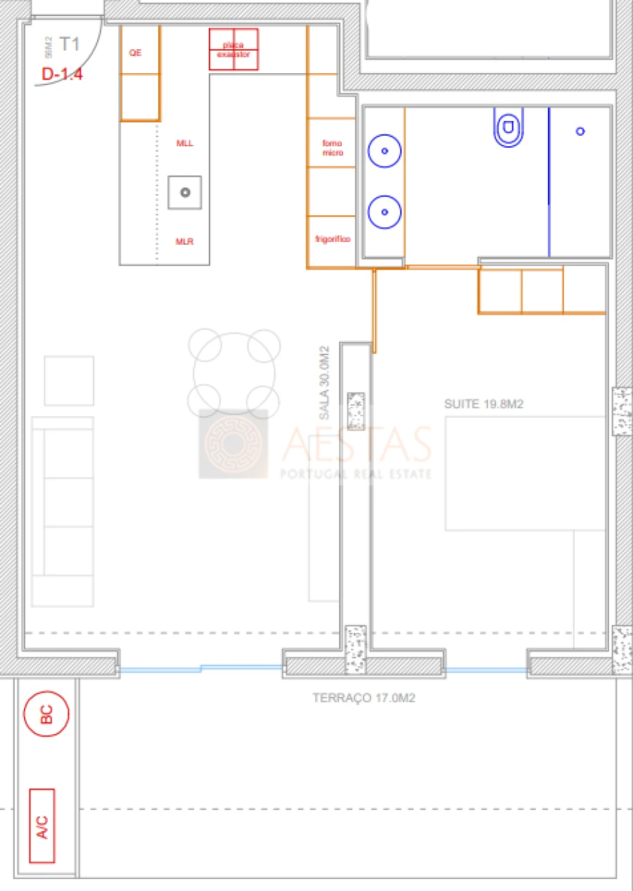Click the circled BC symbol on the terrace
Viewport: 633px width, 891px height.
point(46,714)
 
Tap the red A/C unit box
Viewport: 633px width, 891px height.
point(42,826)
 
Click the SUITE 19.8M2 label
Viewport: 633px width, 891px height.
point(484,404)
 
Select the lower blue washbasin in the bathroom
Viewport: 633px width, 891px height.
point(384,212)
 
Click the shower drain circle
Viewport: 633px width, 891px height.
point(580,131)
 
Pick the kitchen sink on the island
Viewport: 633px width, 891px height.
point(185,192)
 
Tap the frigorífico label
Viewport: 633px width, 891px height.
point(333,239)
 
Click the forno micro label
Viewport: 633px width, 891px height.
point(333,148)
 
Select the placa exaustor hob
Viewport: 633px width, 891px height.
point(234,49)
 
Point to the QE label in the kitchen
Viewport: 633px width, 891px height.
point(135,52)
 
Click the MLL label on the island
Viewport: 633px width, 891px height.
point(184,143)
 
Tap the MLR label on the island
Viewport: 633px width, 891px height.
point(184,242)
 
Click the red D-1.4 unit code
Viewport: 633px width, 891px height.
point(62,74)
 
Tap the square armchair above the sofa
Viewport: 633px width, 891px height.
point(69,380)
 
